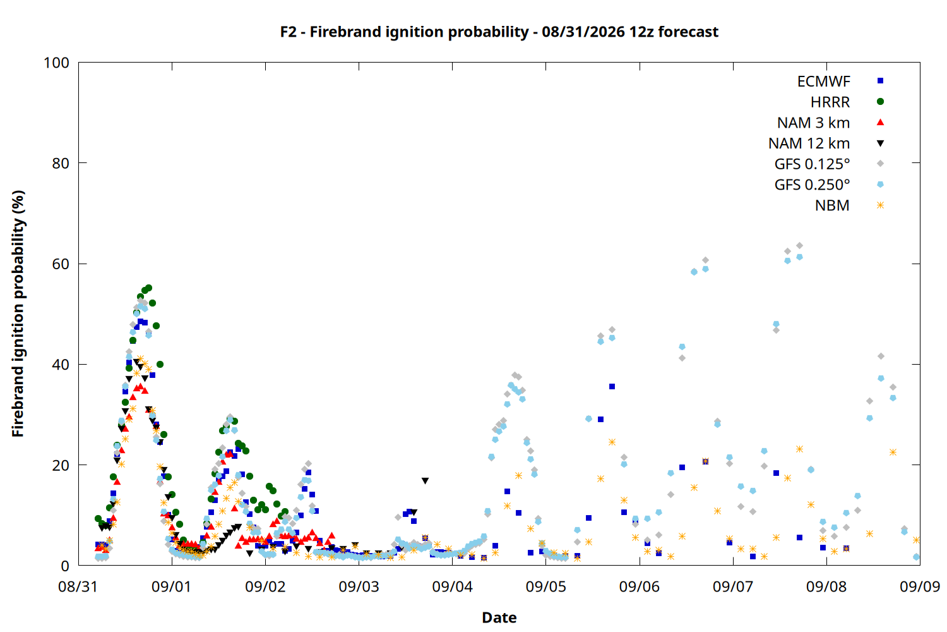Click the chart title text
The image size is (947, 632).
point(499,32)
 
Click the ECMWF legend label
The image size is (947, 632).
point(823,82)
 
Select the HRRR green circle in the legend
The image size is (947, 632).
point(880,102)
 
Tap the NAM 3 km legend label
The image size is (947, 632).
point(813,123)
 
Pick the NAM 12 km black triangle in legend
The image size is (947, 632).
point(880,143)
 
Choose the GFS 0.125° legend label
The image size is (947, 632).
point(812,164)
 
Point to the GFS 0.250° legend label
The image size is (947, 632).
point(812,185)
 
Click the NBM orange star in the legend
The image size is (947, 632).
point(880,205)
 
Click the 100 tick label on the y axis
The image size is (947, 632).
point(56,63)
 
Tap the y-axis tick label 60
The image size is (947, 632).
point(61,264)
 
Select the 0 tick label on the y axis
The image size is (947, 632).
point(64,566)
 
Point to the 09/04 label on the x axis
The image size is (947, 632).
point(453,586)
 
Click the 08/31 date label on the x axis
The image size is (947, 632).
point(78,586)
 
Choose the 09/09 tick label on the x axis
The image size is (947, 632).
point(920,586)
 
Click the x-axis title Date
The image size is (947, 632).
point(499,617)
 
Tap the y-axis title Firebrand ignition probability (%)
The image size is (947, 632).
point(18,313)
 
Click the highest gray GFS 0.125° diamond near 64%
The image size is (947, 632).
point(799,245)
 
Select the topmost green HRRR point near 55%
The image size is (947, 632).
point(148,288)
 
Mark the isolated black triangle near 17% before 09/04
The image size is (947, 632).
point(426,481)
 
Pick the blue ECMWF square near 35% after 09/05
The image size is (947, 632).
point(612,387)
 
